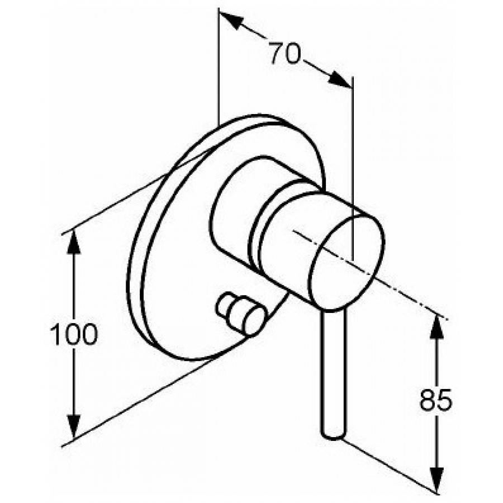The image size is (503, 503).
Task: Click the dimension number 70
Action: coord(284,54)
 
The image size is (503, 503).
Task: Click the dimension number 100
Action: coord(73,334)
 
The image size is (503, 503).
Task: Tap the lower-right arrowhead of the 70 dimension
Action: coord(340,79)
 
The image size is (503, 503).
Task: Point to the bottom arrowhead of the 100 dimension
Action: coord(74,426)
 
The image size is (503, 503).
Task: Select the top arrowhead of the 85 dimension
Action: coord(436,327)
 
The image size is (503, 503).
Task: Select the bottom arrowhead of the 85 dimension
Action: coord(436,480)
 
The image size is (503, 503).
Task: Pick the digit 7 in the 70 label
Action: coord(276,53)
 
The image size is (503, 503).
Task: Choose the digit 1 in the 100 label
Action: coord(55,334)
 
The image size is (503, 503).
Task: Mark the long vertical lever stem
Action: coord(334,372)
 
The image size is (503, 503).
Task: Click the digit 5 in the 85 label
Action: coord(444,400)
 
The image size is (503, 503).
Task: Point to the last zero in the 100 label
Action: coord(88,334)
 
